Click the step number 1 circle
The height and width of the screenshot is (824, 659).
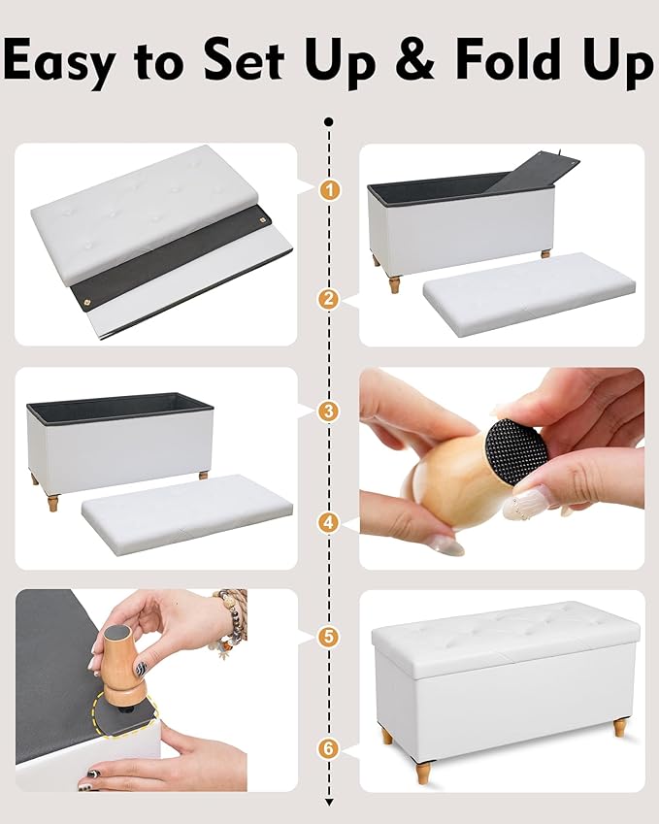click(330, 189)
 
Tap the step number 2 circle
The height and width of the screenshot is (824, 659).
click(330, 299)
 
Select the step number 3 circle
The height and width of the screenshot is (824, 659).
click(330, 411)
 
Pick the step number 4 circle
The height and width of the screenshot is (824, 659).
click(330, 523)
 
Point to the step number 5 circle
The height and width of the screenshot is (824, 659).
click(330, 637)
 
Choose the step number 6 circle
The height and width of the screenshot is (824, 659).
click(330, 747)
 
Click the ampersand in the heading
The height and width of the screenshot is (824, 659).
click(415, 59)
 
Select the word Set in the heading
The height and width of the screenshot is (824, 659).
click(244, 59)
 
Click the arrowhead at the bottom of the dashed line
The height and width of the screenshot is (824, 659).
click(330, 802)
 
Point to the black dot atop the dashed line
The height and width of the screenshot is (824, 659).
click(330, 122)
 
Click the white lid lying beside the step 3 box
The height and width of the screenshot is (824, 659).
click(187, 514)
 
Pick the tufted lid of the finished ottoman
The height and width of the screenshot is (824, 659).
click(506, 638)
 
